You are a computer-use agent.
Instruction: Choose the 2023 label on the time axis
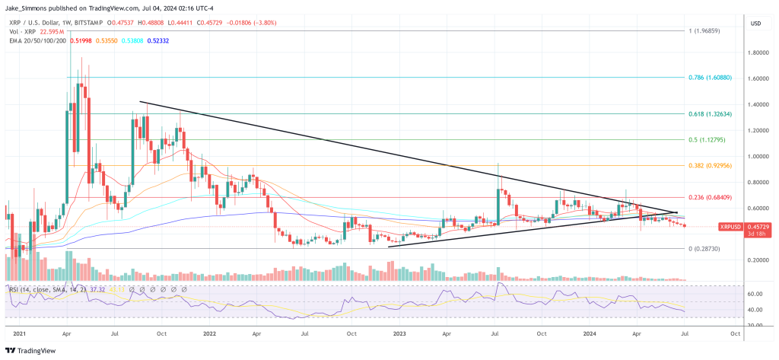tap(400, 333)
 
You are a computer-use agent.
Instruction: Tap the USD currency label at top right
tap(755, 23)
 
